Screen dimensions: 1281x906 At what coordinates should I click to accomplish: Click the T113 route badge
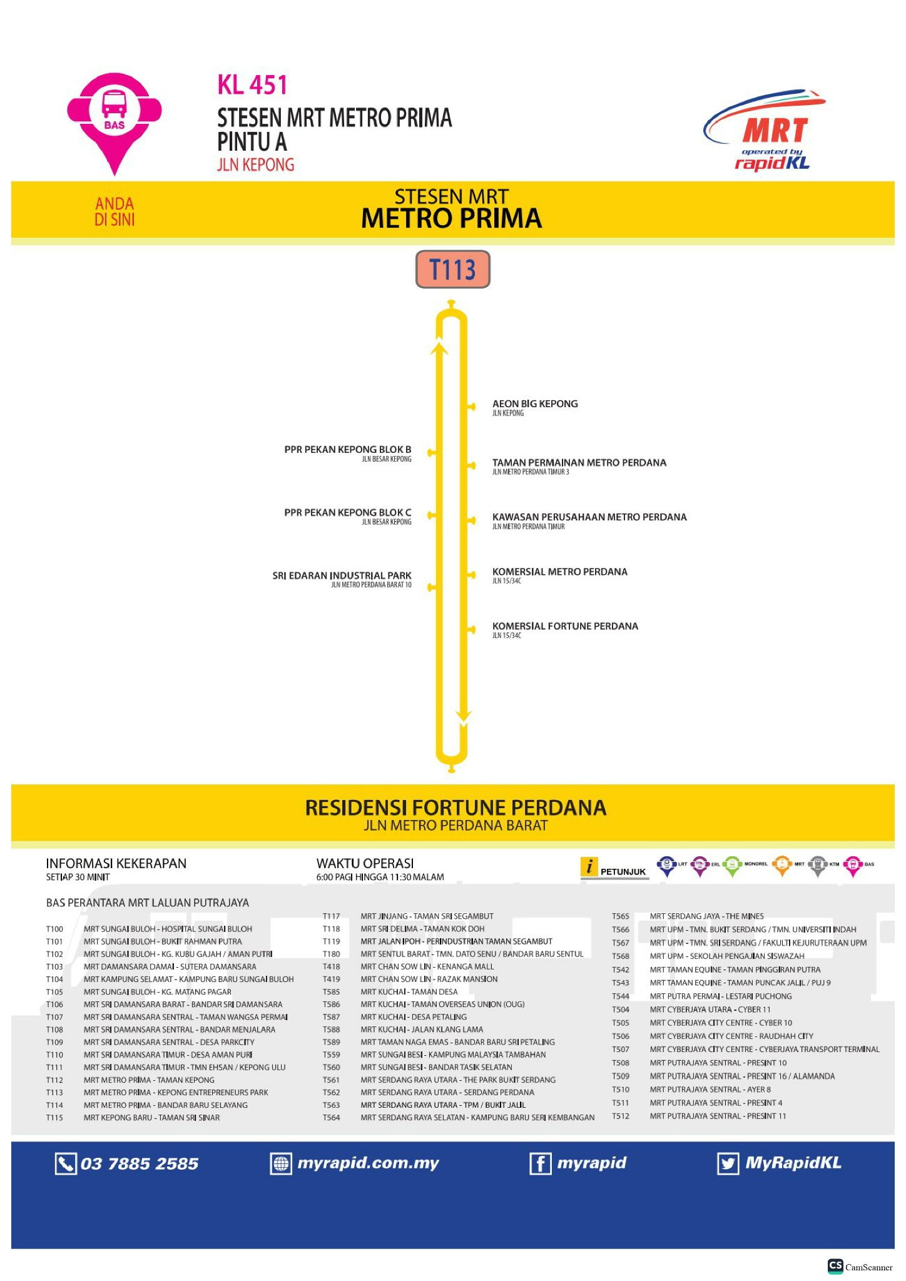coord(452,270)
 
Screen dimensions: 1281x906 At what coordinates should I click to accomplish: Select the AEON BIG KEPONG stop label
coord(535,404)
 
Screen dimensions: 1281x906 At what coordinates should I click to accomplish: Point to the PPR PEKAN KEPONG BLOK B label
coord(348,450)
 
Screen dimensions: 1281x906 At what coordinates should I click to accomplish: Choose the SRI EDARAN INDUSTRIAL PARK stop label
coord(342,575)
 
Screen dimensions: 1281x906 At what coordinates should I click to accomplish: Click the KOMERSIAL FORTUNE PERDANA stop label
coord(565,626)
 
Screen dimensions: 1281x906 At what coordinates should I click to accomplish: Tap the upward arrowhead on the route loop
coord(440,347)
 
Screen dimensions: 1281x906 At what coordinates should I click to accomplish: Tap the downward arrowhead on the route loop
coord(464,715)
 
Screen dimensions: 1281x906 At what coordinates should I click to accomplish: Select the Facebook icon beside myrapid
coord(540,1163)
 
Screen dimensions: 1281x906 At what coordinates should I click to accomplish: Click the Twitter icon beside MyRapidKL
coord(728,1163)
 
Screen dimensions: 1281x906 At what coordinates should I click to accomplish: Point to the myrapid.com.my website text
coord(368,1163)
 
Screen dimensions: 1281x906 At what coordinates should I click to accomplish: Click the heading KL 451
coord(252,85)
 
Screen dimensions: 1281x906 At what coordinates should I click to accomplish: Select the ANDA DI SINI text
coord(115,211)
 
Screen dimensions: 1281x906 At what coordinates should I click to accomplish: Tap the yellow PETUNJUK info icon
coord(589,867)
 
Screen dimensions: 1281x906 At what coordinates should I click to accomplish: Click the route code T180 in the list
coord(332,954)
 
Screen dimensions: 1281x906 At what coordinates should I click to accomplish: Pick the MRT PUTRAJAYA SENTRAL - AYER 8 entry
coord(710,1089)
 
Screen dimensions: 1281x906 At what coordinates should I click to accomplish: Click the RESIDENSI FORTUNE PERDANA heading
coord(455,808)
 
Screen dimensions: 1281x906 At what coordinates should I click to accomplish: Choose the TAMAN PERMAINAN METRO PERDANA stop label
coord(579,463)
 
